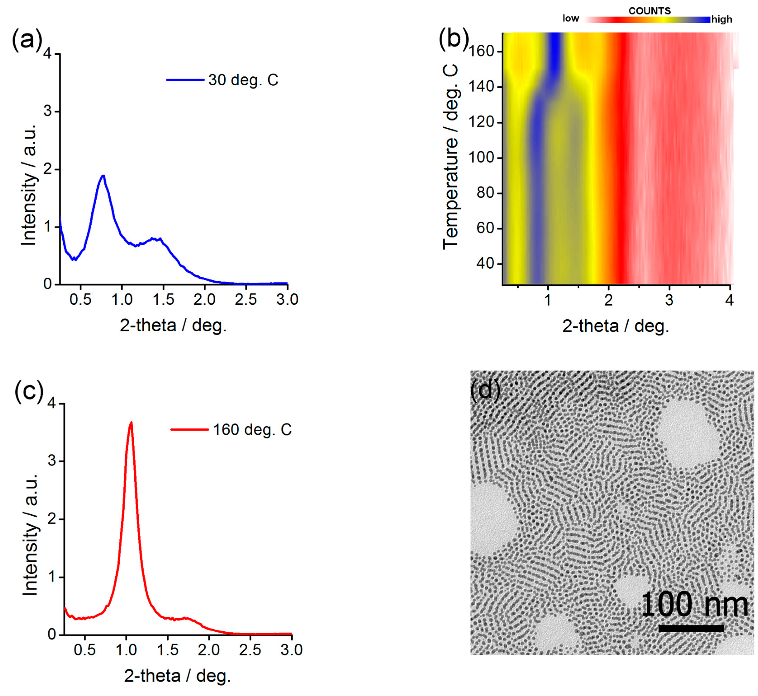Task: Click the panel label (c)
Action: [x=29, y=391]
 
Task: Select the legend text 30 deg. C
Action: [x=243, y=80]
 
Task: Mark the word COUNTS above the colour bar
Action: [x=649, y=11]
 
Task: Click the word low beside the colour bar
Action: [x=571, y=19]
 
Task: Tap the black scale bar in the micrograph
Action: [x=691, y=628]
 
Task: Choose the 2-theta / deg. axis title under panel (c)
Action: [x=177, y=676]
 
